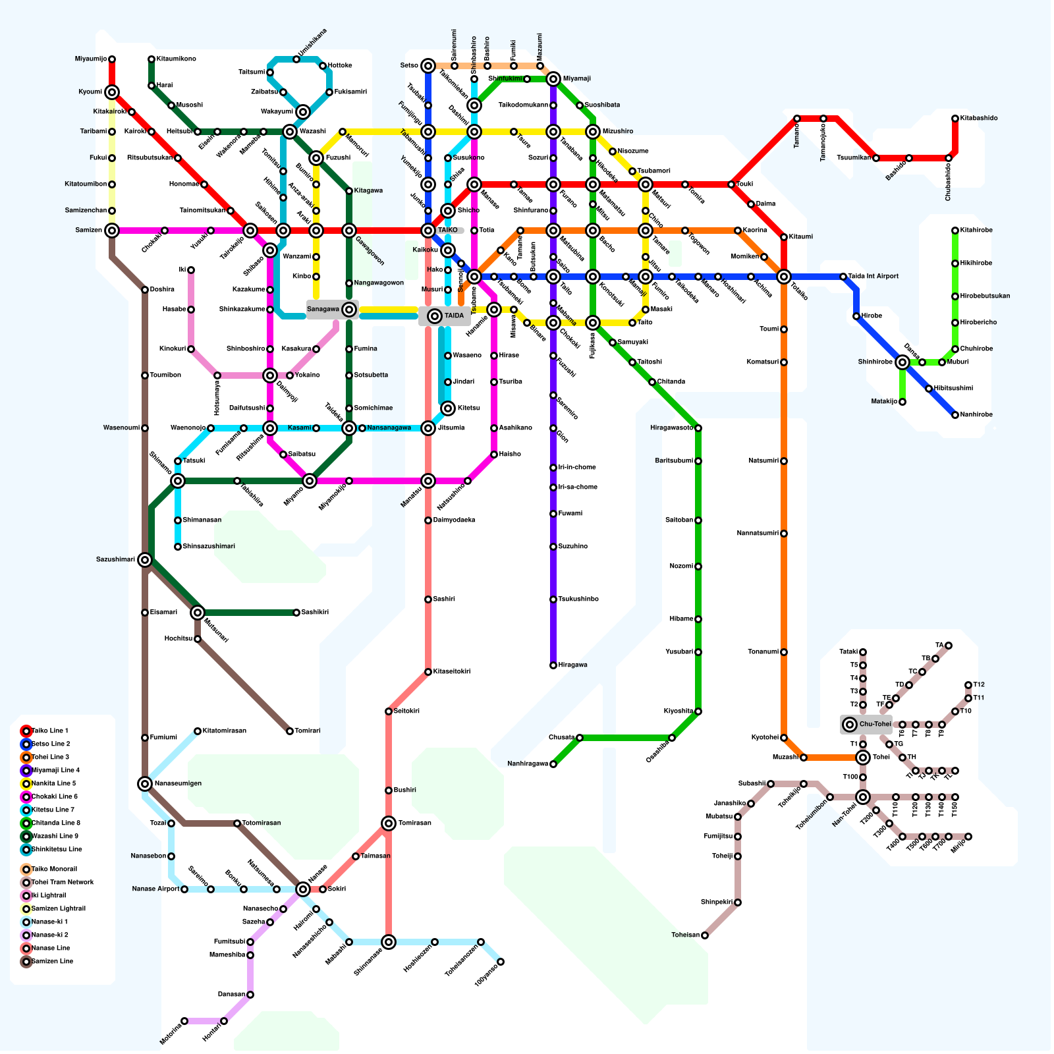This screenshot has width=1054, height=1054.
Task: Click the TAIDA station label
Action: point(454,316)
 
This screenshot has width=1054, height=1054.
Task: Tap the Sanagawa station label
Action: point(323,310)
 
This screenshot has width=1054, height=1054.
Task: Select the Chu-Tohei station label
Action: point(875,725)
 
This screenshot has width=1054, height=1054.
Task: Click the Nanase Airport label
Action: point(155,889)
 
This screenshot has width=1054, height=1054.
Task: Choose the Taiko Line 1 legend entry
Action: point(50,731)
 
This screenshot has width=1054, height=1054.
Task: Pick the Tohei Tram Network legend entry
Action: point(63,883)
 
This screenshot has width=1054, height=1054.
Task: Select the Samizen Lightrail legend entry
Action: point(59,909)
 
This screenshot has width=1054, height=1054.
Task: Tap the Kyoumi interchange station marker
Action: point(112,92)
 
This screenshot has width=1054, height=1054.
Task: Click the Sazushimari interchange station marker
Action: point(145,560)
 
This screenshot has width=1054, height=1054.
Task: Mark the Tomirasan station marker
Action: point(389,823)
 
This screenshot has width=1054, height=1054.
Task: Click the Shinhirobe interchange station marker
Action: point(902,362)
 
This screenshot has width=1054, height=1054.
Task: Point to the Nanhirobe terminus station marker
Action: point(955,415)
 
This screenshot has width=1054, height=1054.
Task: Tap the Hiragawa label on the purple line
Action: point(572,665)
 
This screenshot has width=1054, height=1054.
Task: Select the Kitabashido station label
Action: point(979,119)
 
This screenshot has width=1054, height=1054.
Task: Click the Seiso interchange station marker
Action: point(428,66)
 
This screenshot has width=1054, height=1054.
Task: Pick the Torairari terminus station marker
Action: point(290,731)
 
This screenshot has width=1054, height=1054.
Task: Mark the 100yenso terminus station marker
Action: point(501,962)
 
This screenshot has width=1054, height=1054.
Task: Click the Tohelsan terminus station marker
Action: point(705,935)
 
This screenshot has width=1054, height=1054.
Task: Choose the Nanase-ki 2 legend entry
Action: point(50,935)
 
